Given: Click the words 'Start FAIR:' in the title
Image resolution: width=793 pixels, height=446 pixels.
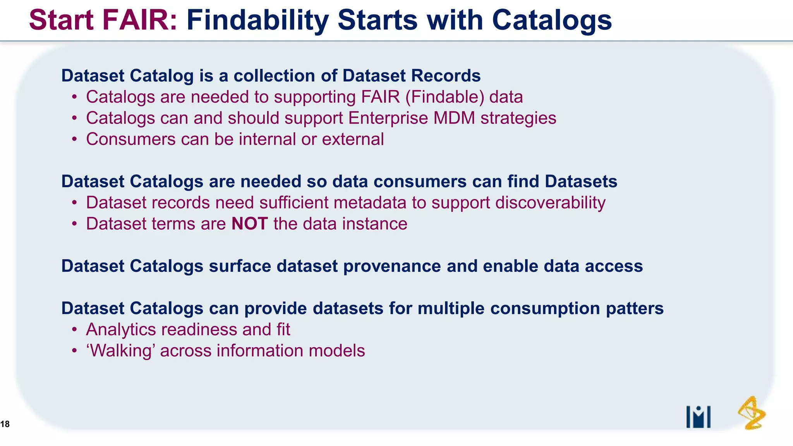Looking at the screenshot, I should [x=103, y=20].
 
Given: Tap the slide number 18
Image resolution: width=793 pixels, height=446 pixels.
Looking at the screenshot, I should [x=5, y=424].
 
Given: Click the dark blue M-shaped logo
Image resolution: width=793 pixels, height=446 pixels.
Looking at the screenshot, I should [x=698, y=417].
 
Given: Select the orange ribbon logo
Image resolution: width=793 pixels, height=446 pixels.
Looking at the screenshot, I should [x=752, y=413].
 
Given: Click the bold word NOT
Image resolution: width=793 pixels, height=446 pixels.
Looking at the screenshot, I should [x=249, y=224].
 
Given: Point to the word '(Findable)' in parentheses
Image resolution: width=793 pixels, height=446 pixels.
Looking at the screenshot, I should [x=445, y=97].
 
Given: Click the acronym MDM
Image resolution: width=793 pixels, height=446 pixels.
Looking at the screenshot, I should [x=454, y=118].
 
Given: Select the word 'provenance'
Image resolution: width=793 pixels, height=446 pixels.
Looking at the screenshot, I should [x=392, y=266].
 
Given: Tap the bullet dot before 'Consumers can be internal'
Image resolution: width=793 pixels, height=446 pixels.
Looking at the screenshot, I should [x=74, y=139].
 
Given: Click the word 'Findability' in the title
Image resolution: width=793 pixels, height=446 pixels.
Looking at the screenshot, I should [x=257, y=20].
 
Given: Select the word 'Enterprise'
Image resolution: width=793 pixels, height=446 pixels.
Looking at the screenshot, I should [x=388, y=118].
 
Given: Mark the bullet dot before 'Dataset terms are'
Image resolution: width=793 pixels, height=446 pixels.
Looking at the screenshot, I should [x=74, y=224].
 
